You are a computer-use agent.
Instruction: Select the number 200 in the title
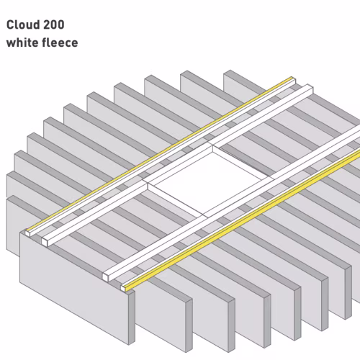(x=54, y=24)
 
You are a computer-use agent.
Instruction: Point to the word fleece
(x=60, y=42)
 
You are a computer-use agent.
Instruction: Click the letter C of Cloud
(x=10, y=25)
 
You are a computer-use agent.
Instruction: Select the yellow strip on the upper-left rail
(x=160, y=154)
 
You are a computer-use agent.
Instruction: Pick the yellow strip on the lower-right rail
(x=243, y=221)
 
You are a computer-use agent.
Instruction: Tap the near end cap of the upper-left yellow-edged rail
(x=28, y=233)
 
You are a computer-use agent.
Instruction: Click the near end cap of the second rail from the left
(x=45, y=241)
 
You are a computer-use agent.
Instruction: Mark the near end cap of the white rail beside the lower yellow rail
(x=105, y=276)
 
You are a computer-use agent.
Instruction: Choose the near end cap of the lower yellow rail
(x=123, y=288)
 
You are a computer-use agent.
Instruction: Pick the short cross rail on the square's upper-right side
(x=243, y=163)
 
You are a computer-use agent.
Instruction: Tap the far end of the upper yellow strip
(x=292, y=78)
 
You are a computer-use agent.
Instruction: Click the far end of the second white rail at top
(x=310, y=87)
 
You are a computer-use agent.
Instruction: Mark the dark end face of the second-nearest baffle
(x=189, y=325)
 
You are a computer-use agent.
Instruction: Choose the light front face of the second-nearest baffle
(x=161, y=318)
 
